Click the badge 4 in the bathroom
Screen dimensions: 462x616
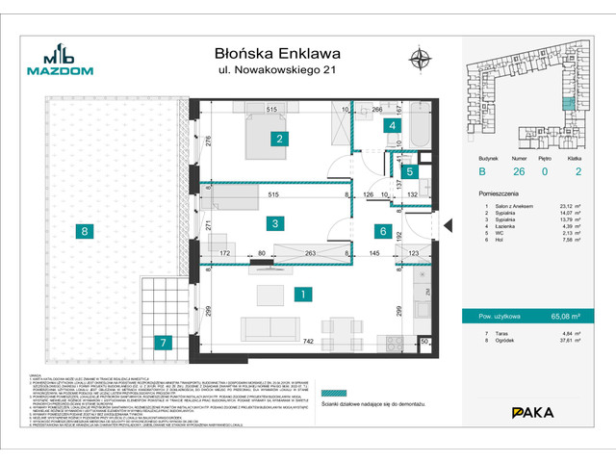[392, 125]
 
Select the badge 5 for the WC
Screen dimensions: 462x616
[410, 172]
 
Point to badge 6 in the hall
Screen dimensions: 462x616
[382, 231]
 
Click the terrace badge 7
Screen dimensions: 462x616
[164, 342]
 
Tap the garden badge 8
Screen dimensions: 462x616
[85, 231]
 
